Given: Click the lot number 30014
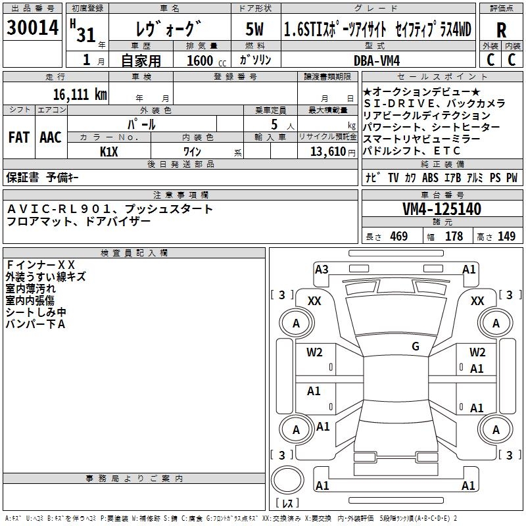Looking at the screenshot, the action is coord(33,28).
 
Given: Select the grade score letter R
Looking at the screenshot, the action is coord(502,30).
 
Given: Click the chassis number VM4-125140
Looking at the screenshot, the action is coord(442,210).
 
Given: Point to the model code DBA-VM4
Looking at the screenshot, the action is coord(381,60).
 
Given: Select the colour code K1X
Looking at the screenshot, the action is coord(109,151).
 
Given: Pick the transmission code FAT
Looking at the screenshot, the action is coord(18,137).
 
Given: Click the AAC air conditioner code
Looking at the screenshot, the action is coord(51,137).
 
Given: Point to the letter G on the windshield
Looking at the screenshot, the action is coord(416,347).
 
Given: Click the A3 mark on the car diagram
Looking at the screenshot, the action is coord(322,269).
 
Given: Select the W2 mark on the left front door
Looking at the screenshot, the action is coord(314,352).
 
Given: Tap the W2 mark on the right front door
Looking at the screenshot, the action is coord(477,352).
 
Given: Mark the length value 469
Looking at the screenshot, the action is coord(398,237).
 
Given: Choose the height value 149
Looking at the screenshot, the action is coord(506,237).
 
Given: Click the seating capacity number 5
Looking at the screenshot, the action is coord(274,124).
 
